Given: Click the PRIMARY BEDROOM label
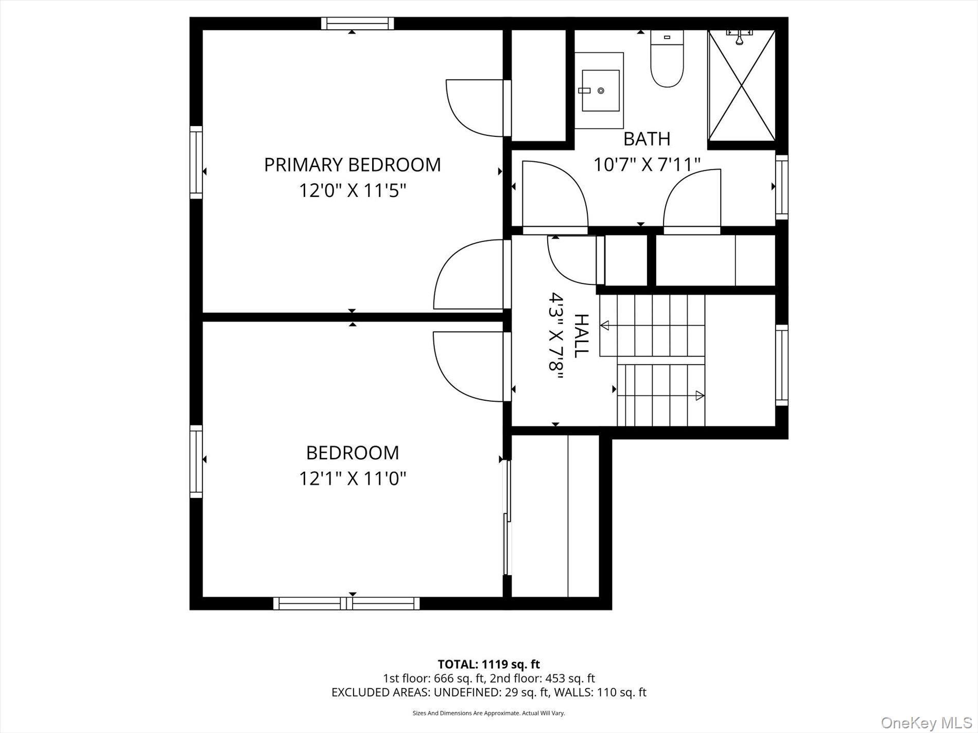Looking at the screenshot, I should point(352,165).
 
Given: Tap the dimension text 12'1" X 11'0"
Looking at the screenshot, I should point(352,479).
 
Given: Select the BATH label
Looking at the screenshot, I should point(647,139).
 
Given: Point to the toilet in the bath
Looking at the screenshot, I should point(667,59).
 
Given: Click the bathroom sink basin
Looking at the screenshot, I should point(600,91).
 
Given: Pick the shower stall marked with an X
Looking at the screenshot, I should point(741,86).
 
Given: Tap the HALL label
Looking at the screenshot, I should point(581,335).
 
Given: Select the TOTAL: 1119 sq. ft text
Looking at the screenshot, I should point(488,664).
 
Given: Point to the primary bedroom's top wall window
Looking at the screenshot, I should point(357,24).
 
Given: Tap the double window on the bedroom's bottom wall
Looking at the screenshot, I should point(346,603).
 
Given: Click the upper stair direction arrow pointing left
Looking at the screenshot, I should point(605,325).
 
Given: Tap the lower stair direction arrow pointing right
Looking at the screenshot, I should point(700,396).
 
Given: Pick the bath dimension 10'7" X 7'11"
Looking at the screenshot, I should point(647,165).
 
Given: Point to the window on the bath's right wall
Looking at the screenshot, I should point(781,187).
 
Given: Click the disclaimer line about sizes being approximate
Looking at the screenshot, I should point(488,713).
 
